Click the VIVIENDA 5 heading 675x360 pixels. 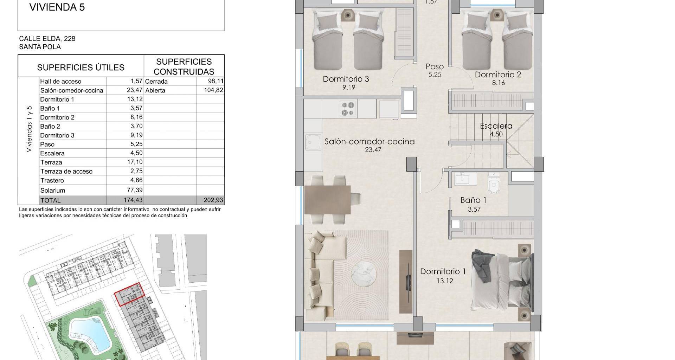pos(57,7)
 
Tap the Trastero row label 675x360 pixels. pos(52,180)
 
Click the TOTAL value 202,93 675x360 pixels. pos(213,200)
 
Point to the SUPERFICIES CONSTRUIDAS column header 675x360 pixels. pos(184,66)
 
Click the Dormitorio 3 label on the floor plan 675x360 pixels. pos(346,79)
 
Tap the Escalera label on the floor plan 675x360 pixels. pos(496,126)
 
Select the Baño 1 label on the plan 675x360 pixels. pos(473,200)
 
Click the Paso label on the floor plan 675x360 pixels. pos(435,66)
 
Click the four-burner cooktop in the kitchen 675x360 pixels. pos(348,109)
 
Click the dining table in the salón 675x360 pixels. pos(328,200)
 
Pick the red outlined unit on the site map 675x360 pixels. pos(130,294)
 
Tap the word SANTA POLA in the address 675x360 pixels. pos(40,47)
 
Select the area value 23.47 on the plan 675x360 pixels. pos(373,150)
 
